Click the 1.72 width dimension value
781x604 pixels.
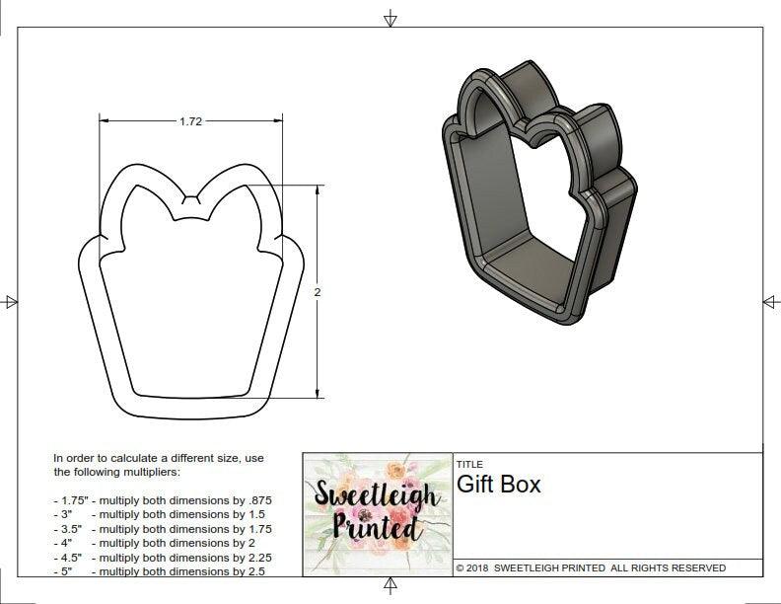[190, 121]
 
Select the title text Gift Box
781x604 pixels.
[498, 485]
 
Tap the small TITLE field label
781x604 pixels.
[468, 464]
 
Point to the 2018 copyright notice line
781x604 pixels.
[591, 567]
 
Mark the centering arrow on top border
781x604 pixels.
[390, 17]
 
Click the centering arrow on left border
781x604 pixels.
[10, 301]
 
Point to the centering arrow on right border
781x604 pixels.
[770, 301]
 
